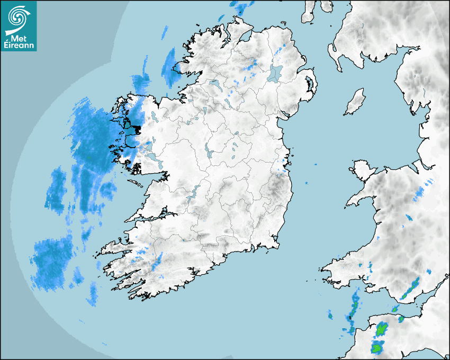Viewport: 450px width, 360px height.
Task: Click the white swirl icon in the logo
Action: click(18, 17)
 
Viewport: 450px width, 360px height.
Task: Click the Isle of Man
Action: click(355, 102)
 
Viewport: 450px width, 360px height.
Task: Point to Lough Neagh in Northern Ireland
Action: click(276, 73)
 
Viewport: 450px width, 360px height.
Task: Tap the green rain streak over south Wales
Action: click(411, 289)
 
